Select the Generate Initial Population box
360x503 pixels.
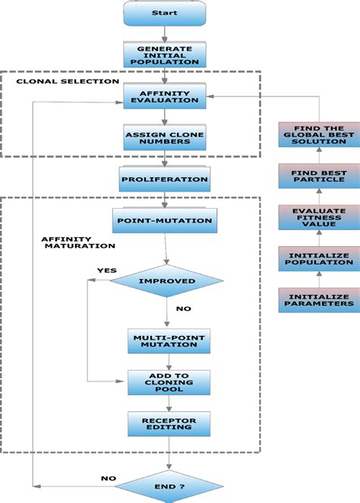click(x=165, y=55)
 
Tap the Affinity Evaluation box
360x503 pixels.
click(x=166, y=96)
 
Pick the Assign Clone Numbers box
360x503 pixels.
click(x=166, y=139)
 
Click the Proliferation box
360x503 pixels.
click(x=165, y=179)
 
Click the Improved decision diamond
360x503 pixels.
click(x=165, y=281)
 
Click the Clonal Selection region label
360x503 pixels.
click(x=68, y=81)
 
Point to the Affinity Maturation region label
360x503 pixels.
click(x=68, y=242)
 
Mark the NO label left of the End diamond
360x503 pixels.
click(x=108, y=478)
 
